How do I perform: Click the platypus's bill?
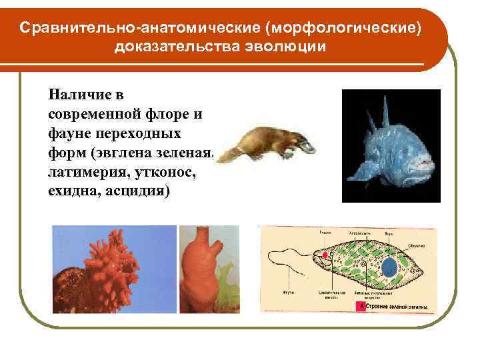pyautogui.click(x=307, y=143)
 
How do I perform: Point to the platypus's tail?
pyautogui.click(x=229, y=155)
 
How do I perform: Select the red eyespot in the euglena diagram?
pyautogui.click(x=325, y=255)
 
